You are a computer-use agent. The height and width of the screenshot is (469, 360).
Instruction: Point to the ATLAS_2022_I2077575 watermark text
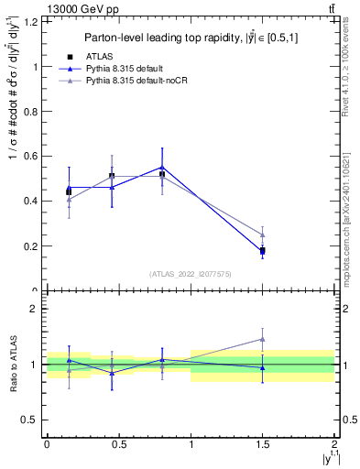(x=191, y=273)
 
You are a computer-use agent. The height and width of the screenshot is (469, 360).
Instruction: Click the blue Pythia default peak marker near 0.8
(x=162, y=167)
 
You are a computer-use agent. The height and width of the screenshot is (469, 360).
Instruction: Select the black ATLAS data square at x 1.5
(x=262, y=250)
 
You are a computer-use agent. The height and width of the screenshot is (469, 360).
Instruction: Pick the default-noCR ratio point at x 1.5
(x=262, y=339)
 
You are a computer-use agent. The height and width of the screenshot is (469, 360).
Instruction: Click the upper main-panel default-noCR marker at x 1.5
(x=262, y=234)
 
